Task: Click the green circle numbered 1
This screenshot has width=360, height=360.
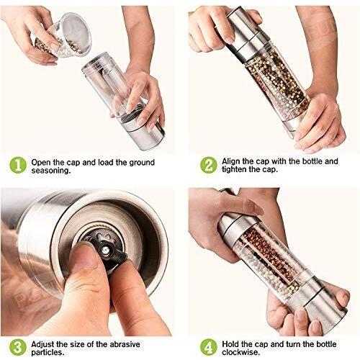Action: pyautogui.click(x=18, y=165)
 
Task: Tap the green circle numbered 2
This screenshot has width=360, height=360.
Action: pyautogui.click(x=209, y=165)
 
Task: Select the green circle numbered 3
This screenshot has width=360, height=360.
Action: pyautogui.click(x=18, y=347)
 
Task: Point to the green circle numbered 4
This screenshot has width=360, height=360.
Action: pyautogui.click(x=209, y=347)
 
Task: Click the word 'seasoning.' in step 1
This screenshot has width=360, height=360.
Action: pyautogui.click(x=51, y=171)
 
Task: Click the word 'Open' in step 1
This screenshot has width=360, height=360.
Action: pyautogui.click(x=41, y=163)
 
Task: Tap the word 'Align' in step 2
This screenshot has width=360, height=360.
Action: pyautogui.click(x=231, y=161)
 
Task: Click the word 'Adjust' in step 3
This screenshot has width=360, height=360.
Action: pyautogui.click(x=42, y=344)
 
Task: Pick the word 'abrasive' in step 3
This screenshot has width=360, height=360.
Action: pyautogui.click(x=125, y=344)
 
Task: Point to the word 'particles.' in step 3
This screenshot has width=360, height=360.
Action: pyautogui.click(x=48, y=353)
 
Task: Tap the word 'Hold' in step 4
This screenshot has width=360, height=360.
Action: pyautogui.click(x=230, y=344)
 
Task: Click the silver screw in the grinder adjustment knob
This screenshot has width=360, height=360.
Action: pyautogui.click(x=105, y=251)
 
